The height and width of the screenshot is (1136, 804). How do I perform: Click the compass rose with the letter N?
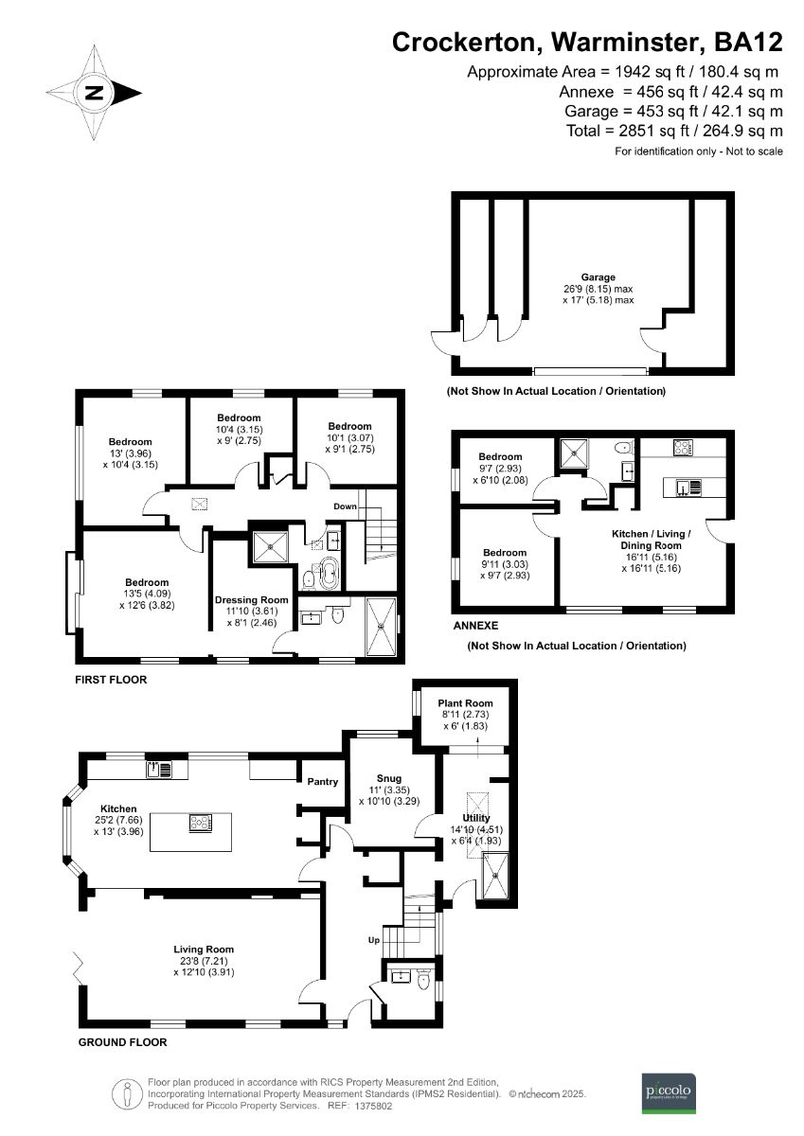[x=94, y=92]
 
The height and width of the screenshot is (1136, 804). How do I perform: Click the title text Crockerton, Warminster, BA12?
[x=587, y=42]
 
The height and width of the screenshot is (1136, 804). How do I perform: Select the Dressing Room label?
[x=251, y=600]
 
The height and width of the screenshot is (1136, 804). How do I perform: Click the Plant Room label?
[x=465, y=703]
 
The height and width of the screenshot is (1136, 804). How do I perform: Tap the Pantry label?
[x=323, y=782]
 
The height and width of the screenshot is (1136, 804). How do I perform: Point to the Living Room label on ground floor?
[x=204, y=949]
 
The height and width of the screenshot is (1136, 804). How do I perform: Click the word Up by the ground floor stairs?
[x=375, y=941]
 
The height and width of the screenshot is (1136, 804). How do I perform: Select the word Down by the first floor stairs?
[x=345, y=506]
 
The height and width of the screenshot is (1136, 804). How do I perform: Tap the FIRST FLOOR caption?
[x=113, y=680]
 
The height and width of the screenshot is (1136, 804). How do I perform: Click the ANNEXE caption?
[x=475, y=626]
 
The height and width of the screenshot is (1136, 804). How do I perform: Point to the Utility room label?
[x=475, y=818]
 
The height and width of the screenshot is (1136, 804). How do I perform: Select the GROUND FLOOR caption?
[x=122, y=1042]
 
